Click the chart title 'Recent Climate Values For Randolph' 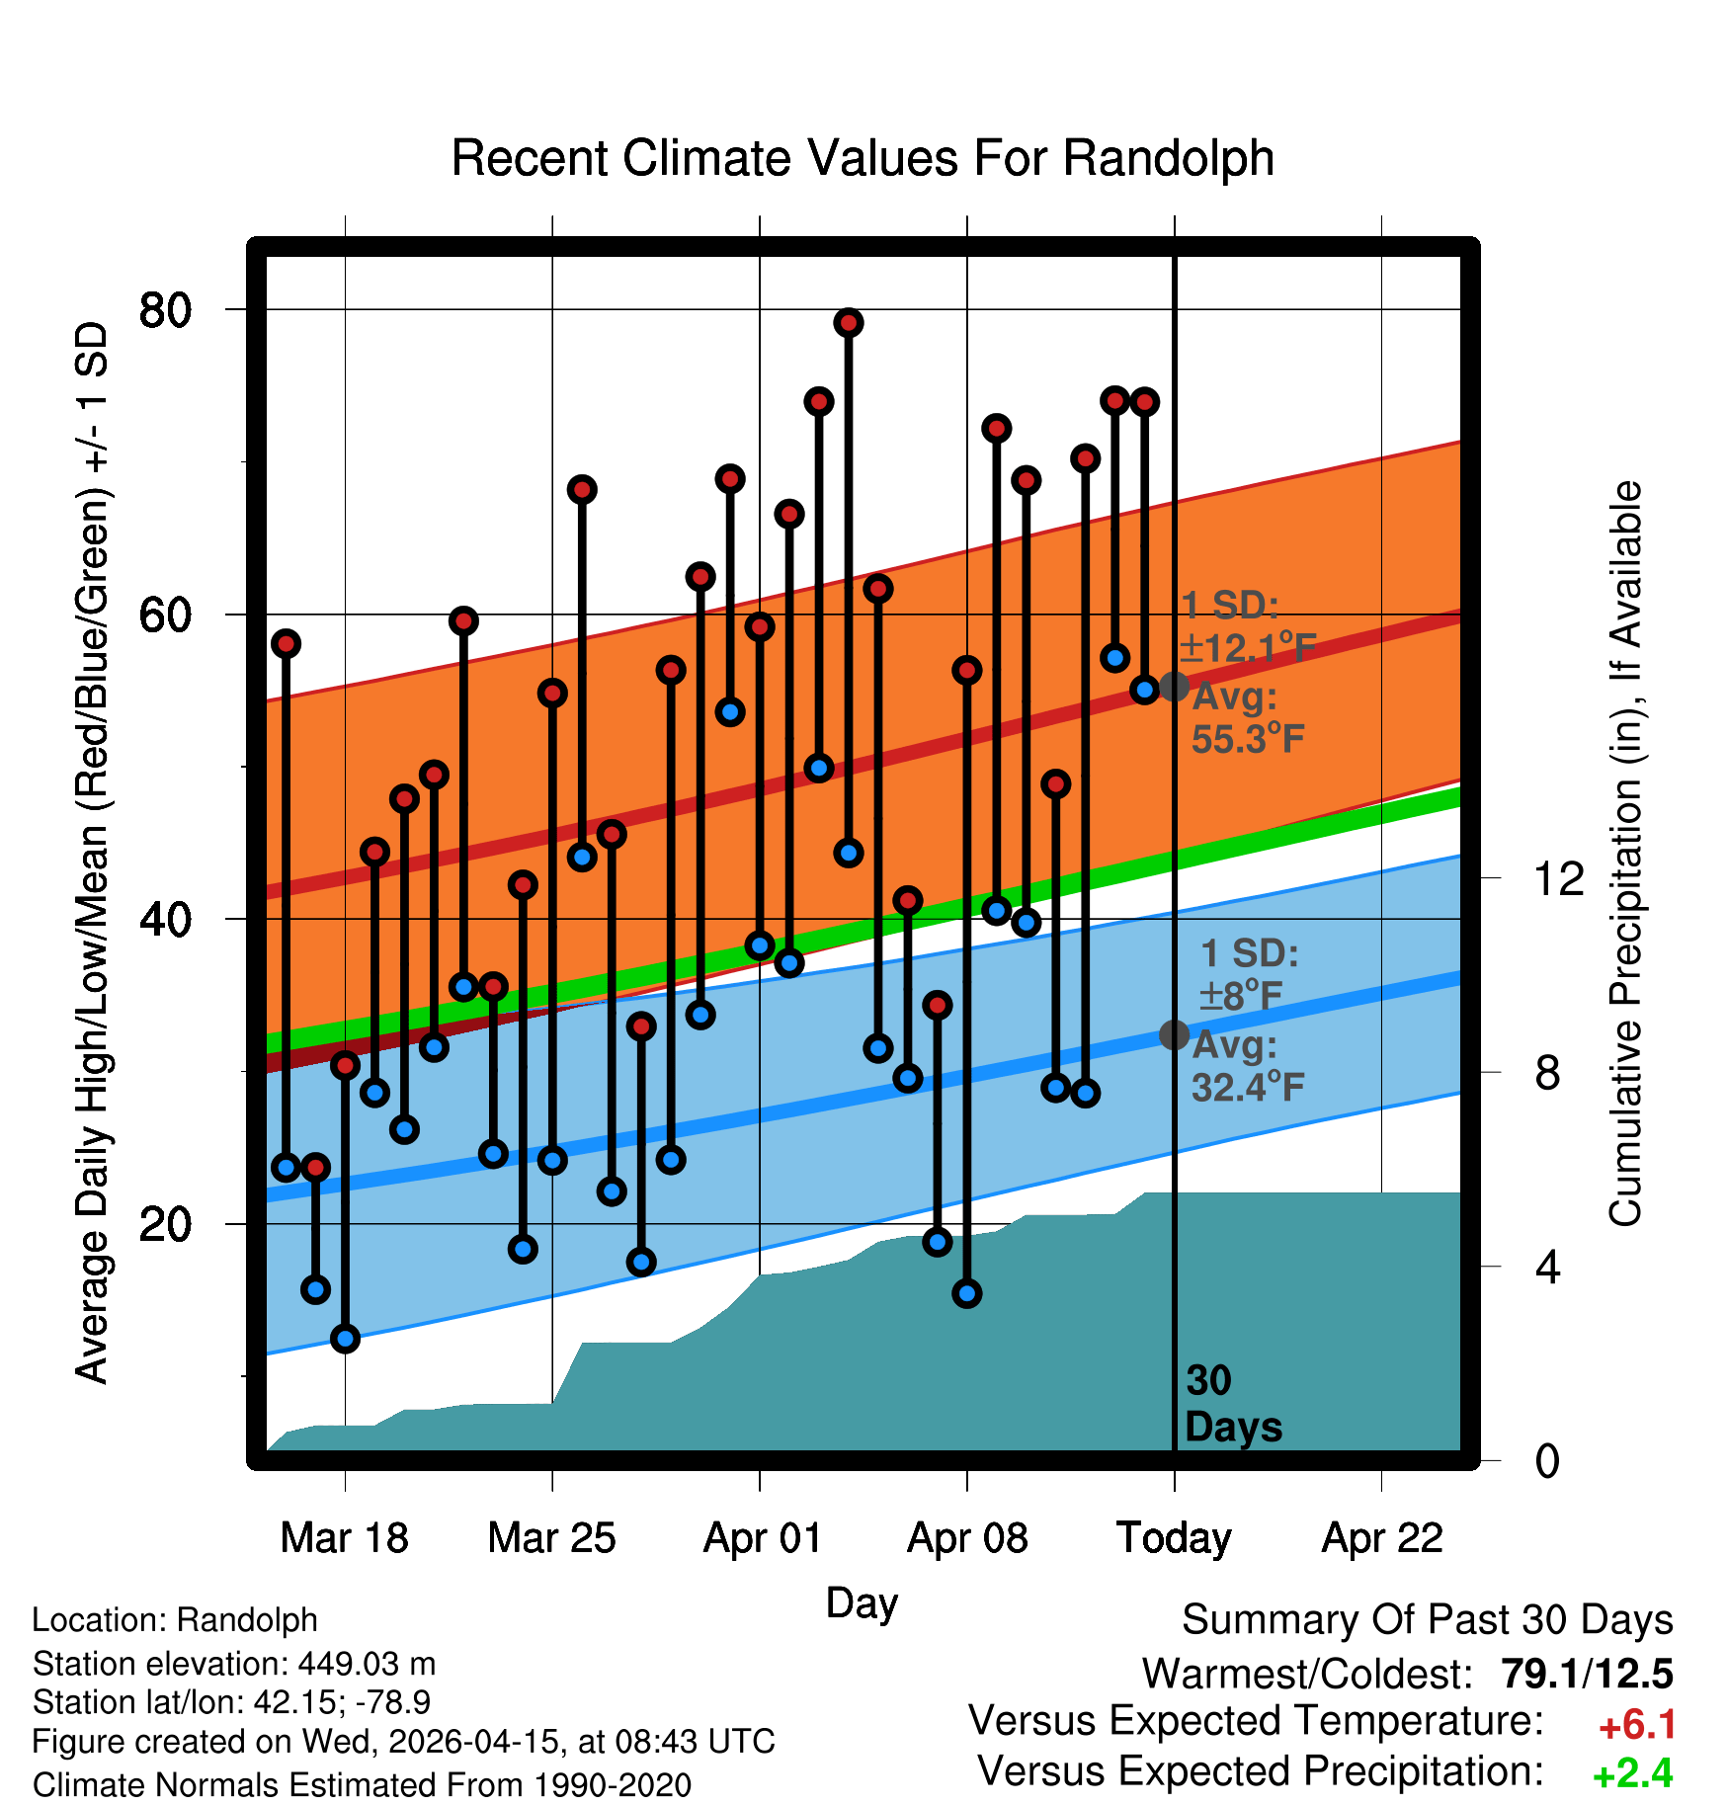tap(863, 158)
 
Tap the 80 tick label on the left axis tap(165, 310)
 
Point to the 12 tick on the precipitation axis tap(1559, 878)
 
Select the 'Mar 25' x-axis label tap(551, 1538)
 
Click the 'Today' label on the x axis tap(1174, 1538)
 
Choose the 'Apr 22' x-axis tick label tap(1382, 1538)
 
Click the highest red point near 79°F tap(849, 322)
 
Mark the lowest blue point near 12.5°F tap(345, 1339)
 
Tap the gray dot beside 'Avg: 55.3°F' tap(1174, 686)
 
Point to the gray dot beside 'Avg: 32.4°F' tap(1174, 1034)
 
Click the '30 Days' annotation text tap(1233, 1404)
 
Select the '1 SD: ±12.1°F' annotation tap(1248, 626)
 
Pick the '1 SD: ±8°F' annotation tap(1248, 974)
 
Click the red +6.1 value tap(1636, 1725)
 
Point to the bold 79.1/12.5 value tap(1587, 1674)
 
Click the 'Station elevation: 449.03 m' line tap(234, 1664)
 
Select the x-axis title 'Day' tap(862, 1603)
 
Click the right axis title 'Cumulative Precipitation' tap(1625, 855)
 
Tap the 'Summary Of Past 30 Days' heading tap(1428, 1620)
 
